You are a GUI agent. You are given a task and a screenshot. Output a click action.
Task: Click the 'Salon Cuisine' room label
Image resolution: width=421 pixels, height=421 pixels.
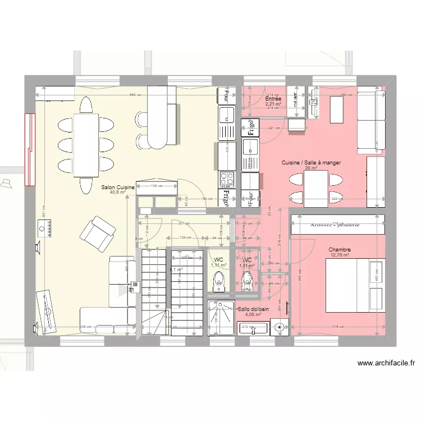click(117, 186)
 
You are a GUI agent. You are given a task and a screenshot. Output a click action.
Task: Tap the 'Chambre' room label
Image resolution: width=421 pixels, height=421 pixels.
click(340, 250)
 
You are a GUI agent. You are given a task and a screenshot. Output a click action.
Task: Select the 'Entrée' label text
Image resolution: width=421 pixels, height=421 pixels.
click(273, 99)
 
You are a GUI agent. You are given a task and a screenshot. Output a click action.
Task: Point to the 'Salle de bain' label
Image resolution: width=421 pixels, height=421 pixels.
click(253, 309)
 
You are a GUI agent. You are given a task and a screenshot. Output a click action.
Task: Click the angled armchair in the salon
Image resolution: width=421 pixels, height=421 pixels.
click(98, 232)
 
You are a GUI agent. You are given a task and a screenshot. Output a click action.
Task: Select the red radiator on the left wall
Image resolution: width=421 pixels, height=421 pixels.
click(29, 149)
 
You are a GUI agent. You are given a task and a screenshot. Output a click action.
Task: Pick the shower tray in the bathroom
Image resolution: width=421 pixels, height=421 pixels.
click(221, 318)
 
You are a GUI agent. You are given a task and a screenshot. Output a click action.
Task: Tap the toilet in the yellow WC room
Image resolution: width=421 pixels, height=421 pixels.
click(219, 281)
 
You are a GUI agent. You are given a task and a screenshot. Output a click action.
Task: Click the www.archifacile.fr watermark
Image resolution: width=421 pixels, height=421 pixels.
click(386, 363)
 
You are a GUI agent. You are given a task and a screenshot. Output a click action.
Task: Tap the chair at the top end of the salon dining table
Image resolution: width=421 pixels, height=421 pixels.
click(86, 104)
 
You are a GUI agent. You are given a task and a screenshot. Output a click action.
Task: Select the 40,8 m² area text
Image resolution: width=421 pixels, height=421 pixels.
click(117, 193)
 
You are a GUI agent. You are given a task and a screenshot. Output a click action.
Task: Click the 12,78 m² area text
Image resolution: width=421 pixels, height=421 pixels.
click(340, 255)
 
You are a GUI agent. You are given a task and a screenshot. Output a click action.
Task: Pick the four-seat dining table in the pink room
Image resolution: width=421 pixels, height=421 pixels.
click(315, 187)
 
